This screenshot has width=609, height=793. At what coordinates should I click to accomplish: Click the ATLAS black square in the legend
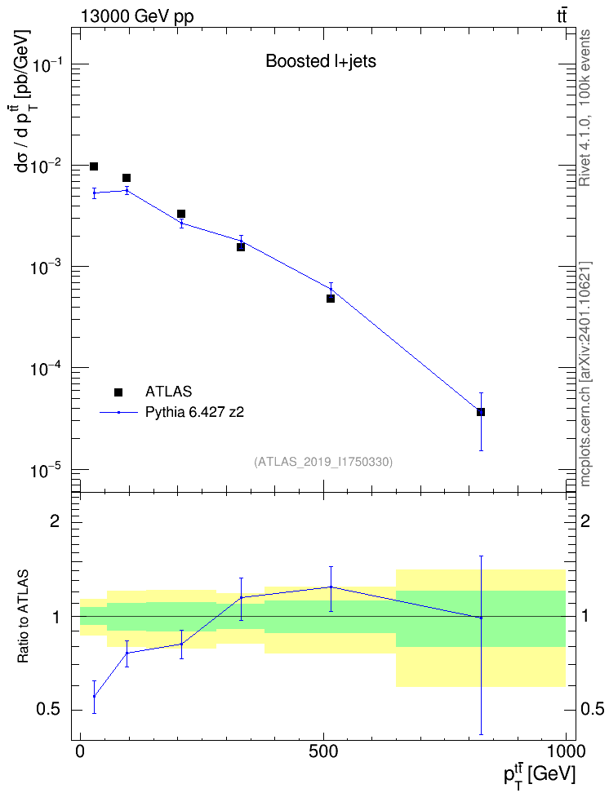(x=118, y=392)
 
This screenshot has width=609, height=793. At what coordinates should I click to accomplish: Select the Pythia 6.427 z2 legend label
(x=194, y=412)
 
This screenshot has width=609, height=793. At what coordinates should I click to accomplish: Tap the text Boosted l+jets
(x=321, y=61)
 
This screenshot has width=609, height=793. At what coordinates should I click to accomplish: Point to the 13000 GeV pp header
(x=136, y=16)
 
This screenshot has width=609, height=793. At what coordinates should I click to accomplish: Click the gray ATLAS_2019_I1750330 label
(x=323, y=462)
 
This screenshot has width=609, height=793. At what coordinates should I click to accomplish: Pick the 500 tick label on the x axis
(x=323, y=751)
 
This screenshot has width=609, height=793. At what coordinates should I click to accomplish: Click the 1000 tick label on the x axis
(x=565, y=751)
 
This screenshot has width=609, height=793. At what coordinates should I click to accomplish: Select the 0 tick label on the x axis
(x=81, y=751)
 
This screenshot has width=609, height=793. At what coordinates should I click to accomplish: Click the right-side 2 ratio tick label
(x=585, y=521)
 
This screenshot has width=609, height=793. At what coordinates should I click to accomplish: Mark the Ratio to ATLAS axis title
(x=24, y=617)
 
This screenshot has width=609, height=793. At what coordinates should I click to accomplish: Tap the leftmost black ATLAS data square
(x=94, y=166)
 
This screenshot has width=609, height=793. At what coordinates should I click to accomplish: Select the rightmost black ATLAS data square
(x=480, y=412)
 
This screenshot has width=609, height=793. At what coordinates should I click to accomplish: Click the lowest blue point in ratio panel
(x=94, y=697)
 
